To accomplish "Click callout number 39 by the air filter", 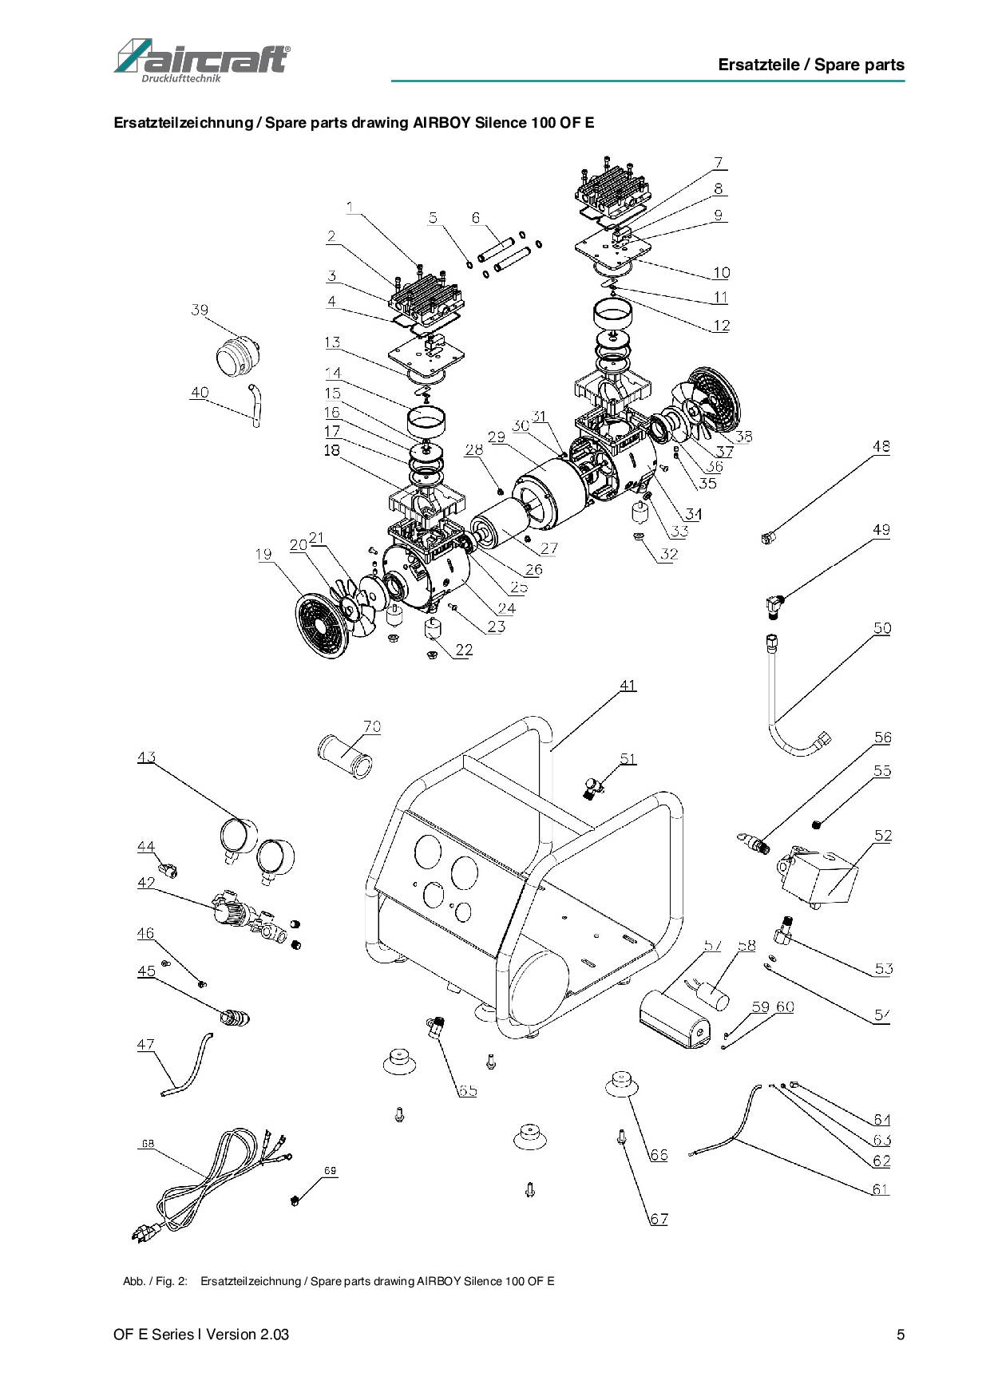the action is (x=200, y=310).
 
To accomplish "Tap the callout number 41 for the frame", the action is (x=628, y=685).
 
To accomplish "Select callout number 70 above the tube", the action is (x=372, y=726).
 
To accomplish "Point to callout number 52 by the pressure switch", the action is (x=882, y=836).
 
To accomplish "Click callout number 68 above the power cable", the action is (x=148, y=1143).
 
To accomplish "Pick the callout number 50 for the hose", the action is (x=881, y=628).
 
